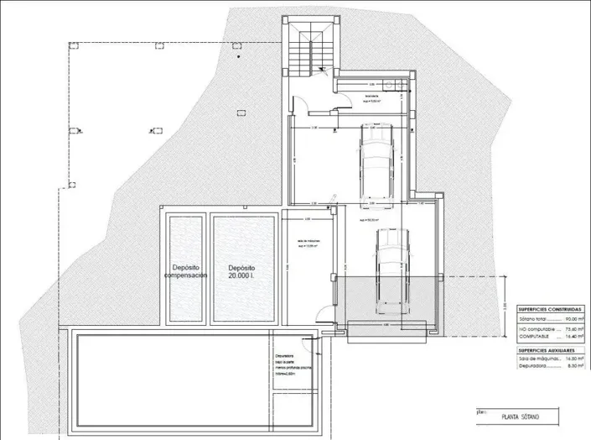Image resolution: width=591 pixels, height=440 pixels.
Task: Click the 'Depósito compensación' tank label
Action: [x=185, y=270]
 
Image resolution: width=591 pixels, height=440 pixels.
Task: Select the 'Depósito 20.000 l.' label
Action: [x=244, y=270]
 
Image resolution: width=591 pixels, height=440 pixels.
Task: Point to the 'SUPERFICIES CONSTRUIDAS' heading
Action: [x=549, y=308]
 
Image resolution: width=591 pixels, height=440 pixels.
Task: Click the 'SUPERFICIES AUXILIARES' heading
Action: [x=547, y=349]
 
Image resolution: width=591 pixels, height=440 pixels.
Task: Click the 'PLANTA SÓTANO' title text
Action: [x=521, y=416]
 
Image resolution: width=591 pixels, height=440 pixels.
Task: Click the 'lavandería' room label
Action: [x=372, y=97]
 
